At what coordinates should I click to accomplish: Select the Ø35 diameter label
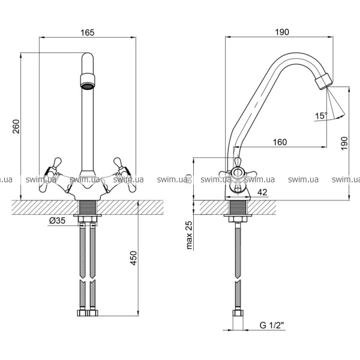click(58, 221)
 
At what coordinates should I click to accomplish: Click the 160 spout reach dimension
click(279, 142)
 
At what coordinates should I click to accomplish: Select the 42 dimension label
click(262, 192)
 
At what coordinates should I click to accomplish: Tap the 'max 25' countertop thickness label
click(189, 235)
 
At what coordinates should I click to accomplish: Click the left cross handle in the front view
click(52, 174)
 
